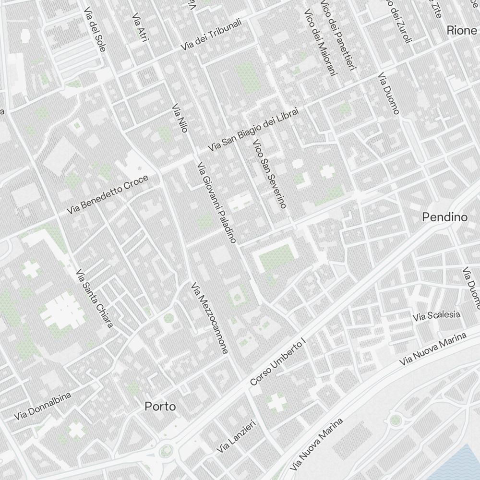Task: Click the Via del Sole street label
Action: pyautogui.click(x=94, y=31)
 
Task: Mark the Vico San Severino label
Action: pyautogui.click(x=269, y=174)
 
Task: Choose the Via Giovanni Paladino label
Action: pyautogui.click(x=217, y=202)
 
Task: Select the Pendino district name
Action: pyautogui.click(x=444, y=217)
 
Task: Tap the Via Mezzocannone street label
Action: pyautogui.click(x=209, y=318)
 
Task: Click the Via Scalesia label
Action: pyautogui.click(x=436, y=316)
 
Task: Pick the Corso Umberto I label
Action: pyautogui.click(x=278, y=361)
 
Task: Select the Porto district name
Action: pyautogui.click(x=160, y=407)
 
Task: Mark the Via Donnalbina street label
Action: pyautogui.click(x=43, y=405)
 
